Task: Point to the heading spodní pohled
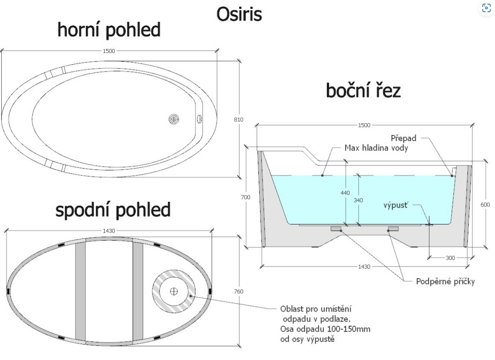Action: tap(113, 210)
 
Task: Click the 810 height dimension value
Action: tap(238, 120)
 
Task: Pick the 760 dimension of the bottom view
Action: tap(238, 292)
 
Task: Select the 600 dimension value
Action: tap(485, 205)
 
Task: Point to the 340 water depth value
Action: tap(358, 200)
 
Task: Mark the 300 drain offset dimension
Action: tap(450, 258)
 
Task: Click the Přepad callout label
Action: tap(403, 137)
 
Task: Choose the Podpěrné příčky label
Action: tap(445, 281)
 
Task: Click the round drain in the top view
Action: tap(174, 119)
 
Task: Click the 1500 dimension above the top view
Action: tap(109, 51)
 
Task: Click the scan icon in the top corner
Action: tap(486, 8)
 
